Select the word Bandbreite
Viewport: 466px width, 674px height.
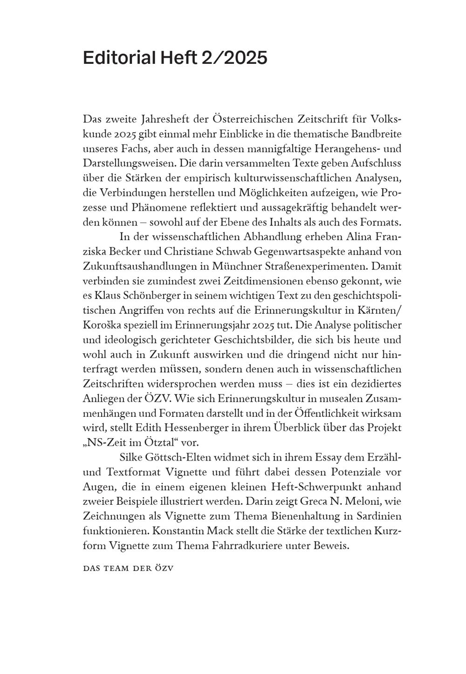(x=376, y=134)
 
